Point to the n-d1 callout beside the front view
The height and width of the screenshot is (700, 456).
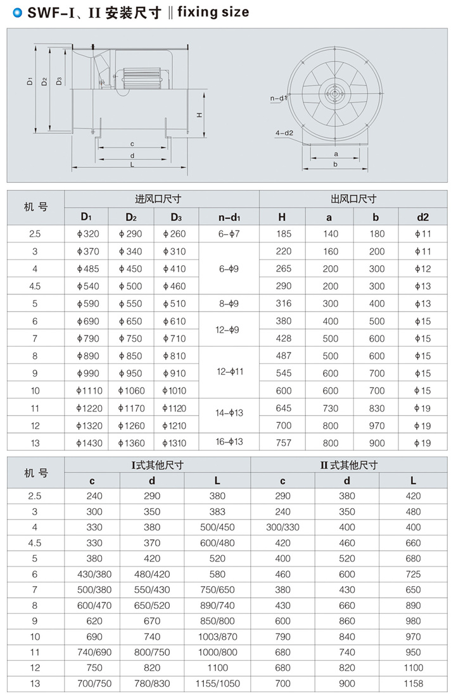[x=279, y=99]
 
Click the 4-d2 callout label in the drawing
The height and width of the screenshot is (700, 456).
[x=284, y=132]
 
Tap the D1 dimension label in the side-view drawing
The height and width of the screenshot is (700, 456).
[x=30, y=81]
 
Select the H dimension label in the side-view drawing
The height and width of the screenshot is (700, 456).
[x=199, y=115]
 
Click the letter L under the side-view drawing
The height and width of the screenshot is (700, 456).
[x=132, y=164]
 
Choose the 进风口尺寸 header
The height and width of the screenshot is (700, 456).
[x=158, y=199]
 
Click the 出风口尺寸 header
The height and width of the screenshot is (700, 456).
[x=353, y=199]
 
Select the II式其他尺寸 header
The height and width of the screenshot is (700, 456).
[x=349, y=465]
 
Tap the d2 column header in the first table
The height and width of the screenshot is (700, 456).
[x=422, y=217]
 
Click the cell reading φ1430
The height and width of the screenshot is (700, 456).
[x=86, y=443]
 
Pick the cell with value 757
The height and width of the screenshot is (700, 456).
[x=284, y=443]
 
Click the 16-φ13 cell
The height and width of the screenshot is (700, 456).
[x=229, y=441]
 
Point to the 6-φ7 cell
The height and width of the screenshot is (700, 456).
[x=229, y=234]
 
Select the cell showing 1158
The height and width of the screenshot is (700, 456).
[x=413, y=684]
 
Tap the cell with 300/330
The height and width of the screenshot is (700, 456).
[x=282, y=527]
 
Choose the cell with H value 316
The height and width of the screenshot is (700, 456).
[x=284, y=304]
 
